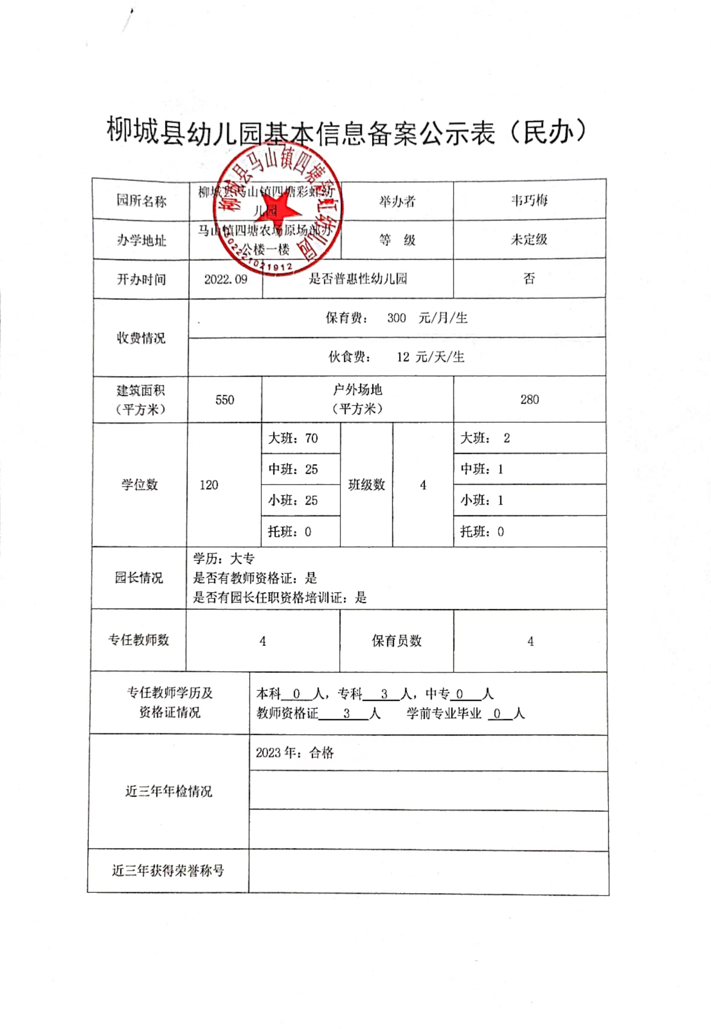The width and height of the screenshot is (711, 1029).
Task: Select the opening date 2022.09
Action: coord(225,279)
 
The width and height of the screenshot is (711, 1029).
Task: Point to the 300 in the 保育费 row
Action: coord(396,318)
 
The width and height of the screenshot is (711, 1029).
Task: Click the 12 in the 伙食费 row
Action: coord(403,357)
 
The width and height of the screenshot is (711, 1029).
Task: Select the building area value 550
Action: coord(225,400)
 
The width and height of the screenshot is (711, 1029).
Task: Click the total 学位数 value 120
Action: coord(209,485)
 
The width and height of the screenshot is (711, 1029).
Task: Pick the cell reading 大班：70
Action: coord(293,438)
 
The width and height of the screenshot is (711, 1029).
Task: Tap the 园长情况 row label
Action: coord(139,578)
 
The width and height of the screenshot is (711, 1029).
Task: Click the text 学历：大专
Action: coord(224,559)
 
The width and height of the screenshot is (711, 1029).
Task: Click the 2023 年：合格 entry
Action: coord(295,753)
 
